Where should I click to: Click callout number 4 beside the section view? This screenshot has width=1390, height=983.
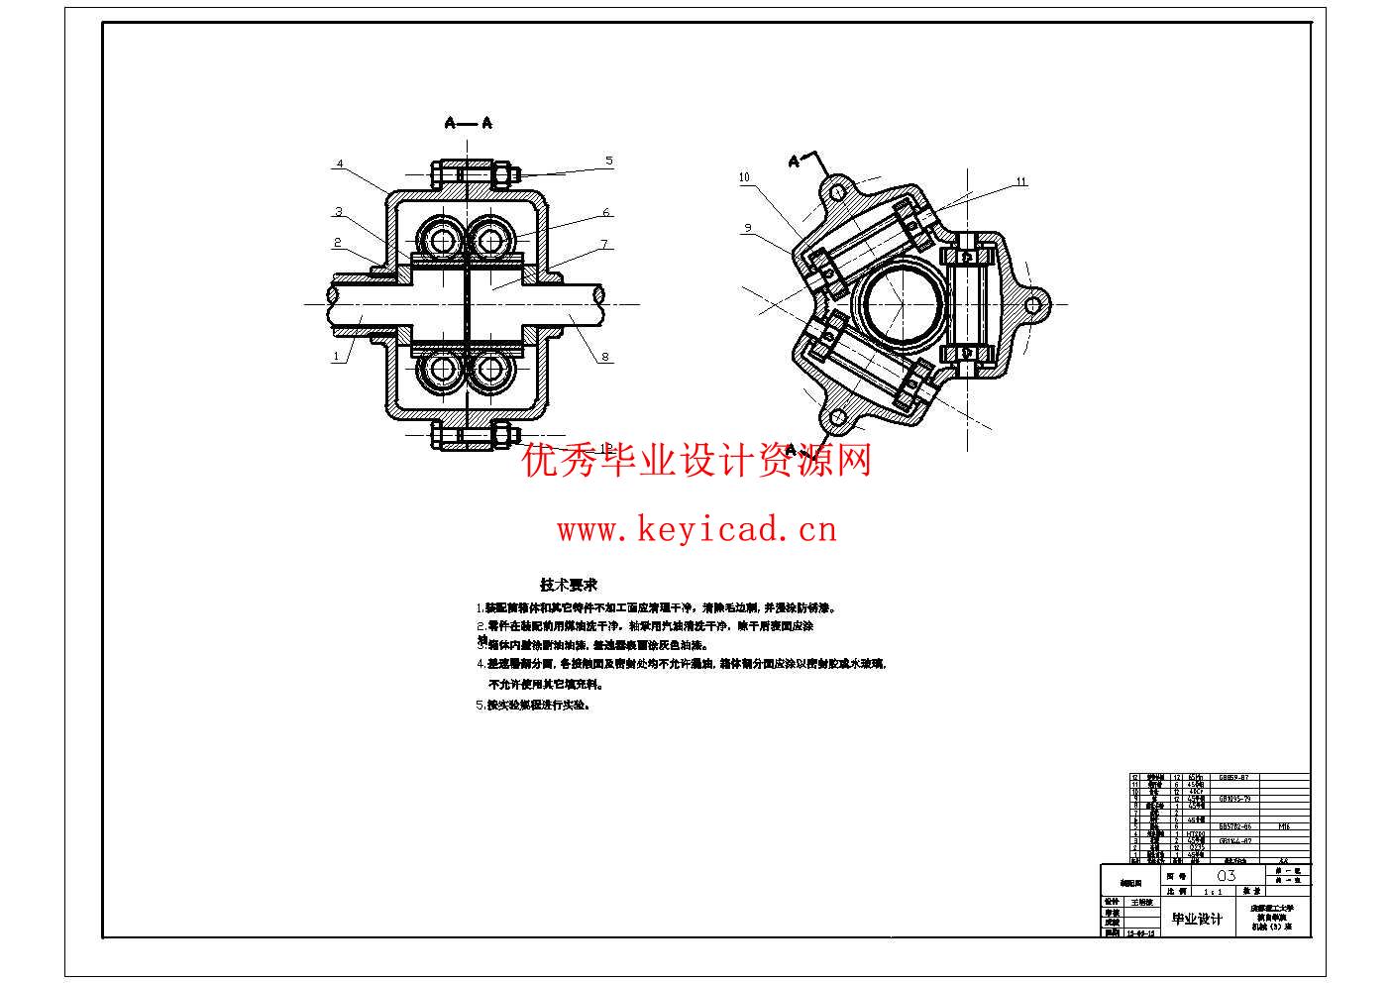click(x=339, y=164)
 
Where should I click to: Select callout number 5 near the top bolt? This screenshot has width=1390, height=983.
click(x=609, y=161)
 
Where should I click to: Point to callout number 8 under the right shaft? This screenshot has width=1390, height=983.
click(x=604, y=358)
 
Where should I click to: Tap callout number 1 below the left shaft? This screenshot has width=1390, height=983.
click(x=336, y=356)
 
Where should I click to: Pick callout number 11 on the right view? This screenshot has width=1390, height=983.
click(x=1021, y=181)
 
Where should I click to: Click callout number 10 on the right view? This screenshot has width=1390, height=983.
click(x=744, y=177)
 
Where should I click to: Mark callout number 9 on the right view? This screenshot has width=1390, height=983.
click(x=748, y=229)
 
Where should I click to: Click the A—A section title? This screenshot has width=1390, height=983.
click(x=469, y=123)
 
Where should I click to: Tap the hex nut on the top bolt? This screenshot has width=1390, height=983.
click(x=502, y=175)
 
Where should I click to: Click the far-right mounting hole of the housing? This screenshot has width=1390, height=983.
click(x=1034, y=302)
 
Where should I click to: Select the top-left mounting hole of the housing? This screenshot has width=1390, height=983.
click(x=837, y=189)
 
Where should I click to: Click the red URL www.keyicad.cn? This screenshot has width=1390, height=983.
click(x=696, y=530)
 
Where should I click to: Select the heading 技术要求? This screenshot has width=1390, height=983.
click(x=569, y=585)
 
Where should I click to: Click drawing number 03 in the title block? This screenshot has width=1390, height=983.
click(x=1226, y=876)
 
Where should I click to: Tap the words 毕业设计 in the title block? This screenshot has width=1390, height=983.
click(x=1197, y=920)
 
